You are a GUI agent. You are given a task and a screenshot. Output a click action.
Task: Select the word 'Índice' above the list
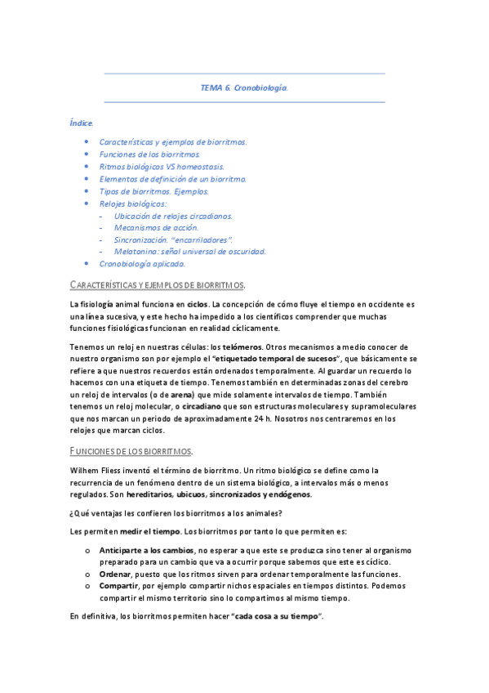81,123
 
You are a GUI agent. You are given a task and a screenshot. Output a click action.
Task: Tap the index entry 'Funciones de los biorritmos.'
149,154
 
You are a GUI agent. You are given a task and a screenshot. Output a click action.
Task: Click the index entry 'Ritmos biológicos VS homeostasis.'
161,166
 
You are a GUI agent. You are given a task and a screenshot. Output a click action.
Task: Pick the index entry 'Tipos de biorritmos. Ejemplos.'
153,190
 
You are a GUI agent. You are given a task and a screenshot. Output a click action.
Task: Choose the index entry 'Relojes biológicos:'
132,203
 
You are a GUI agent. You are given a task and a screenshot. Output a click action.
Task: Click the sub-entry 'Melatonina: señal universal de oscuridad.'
190,252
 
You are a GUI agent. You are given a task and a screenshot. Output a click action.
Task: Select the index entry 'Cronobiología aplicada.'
142,264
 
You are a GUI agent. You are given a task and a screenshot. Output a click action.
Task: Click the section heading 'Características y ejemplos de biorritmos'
157,284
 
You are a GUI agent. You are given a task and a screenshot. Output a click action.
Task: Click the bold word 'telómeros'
242,346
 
